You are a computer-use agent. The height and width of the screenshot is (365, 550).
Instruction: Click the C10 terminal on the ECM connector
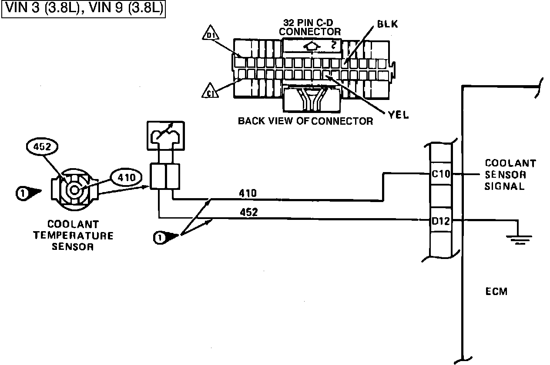point(441,174)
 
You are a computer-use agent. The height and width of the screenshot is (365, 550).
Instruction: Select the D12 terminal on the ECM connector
point(441,221)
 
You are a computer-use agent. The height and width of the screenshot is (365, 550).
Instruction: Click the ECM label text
point(496,292)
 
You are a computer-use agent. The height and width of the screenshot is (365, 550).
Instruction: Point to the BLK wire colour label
point(387,25)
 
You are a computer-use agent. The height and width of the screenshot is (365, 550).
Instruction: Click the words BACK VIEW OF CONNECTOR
point(305,121)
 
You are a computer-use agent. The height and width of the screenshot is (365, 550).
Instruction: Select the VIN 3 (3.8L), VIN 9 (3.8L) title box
point(84,8)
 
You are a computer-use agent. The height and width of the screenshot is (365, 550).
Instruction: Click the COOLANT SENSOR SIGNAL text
point(510,175)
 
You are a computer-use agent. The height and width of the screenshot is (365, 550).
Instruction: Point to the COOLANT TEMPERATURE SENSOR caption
point(73,236)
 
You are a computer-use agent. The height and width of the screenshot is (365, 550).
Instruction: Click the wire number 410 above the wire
point(248,192)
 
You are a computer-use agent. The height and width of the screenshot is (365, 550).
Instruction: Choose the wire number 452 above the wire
point(248,212)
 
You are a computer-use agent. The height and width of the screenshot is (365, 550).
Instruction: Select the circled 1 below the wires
point(160,237)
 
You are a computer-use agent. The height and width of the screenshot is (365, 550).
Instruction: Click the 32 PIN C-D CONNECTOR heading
point(310,27)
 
